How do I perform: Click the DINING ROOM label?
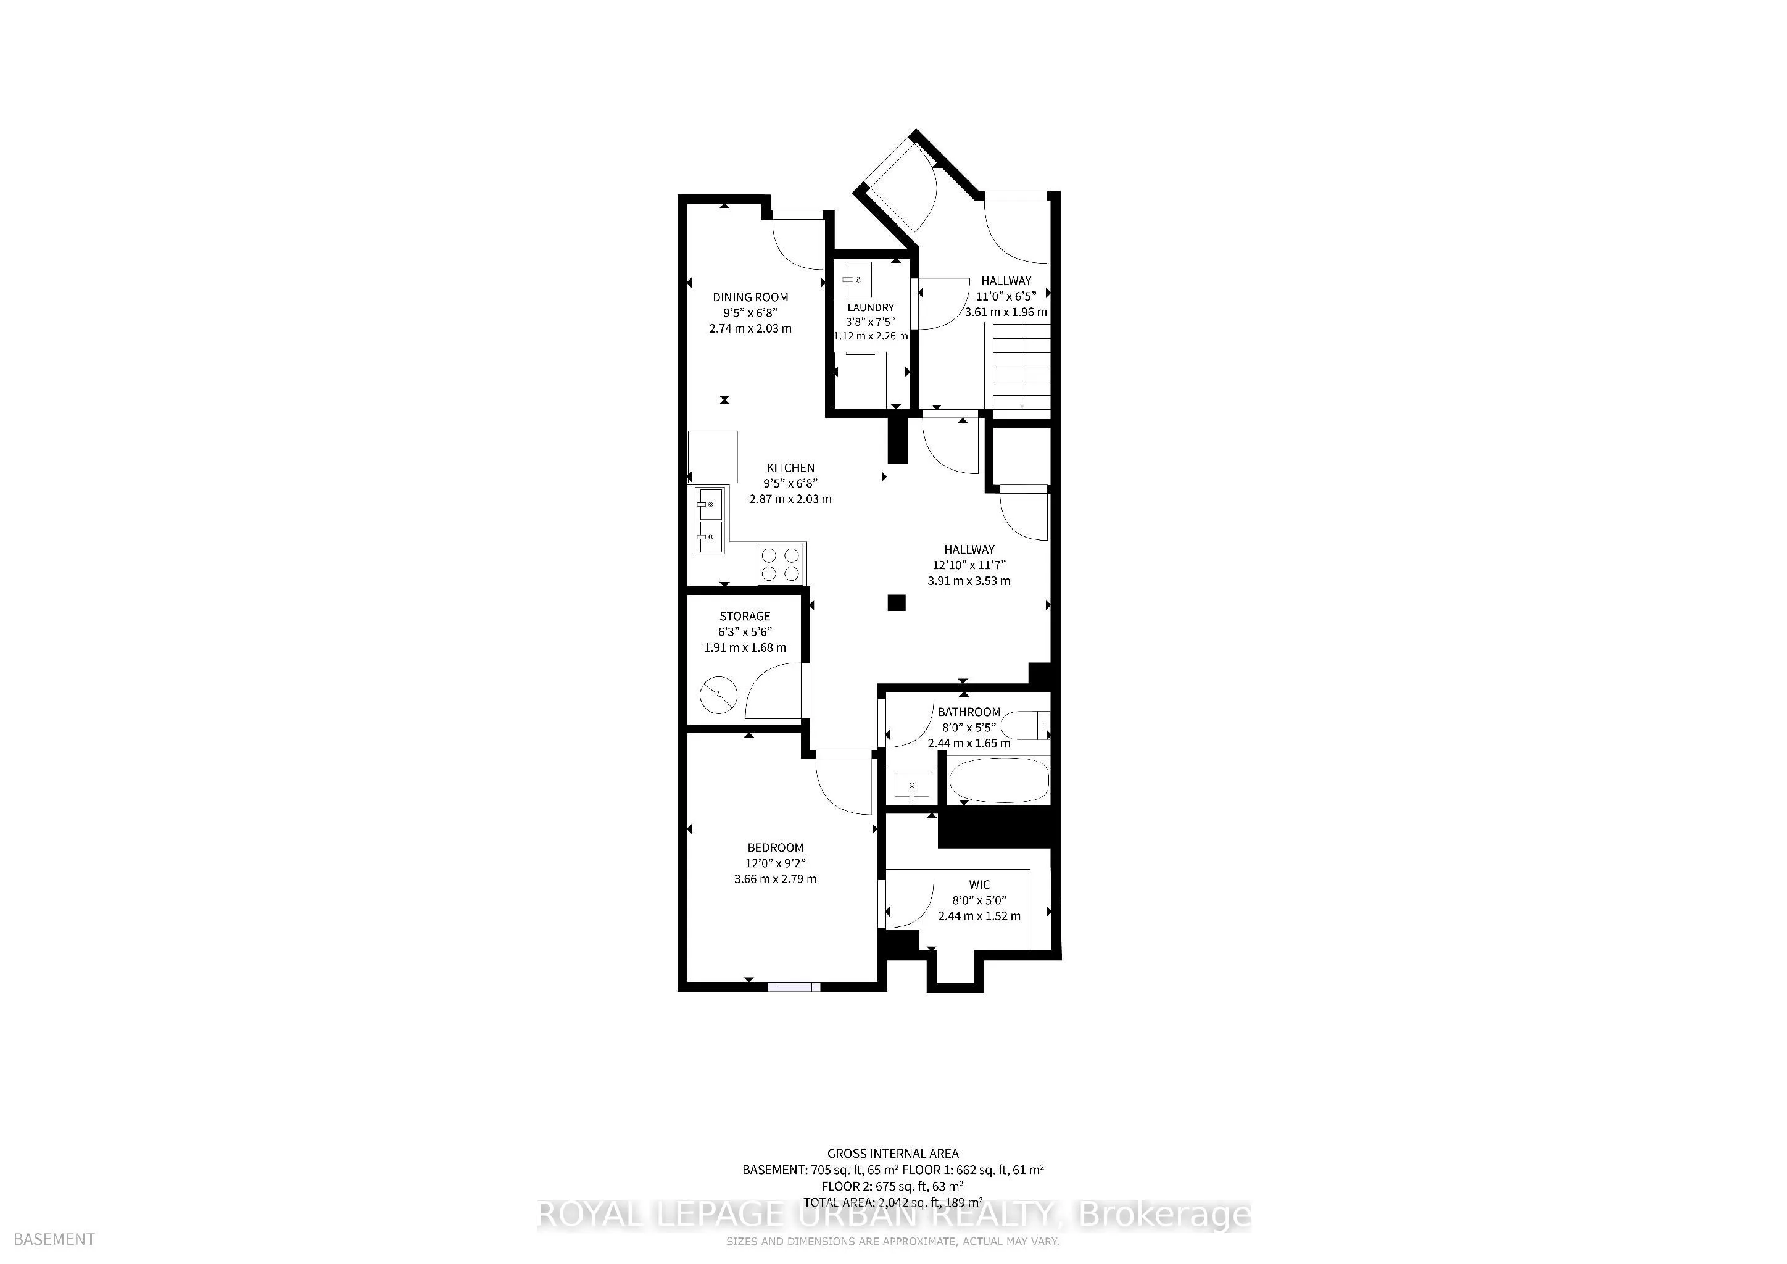coord(750,296)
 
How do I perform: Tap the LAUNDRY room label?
coord(870,307)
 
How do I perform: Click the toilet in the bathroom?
coord(1025,728)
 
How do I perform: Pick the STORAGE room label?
coord(745,616)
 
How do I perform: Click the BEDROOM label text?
coord(775,847)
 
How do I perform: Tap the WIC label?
coord(979,884)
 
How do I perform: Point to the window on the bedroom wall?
coord(794,987)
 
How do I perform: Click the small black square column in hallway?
coord(897,602)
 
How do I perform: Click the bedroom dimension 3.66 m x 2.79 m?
coord(775,879)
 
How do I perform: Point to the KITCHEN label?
coord(791,468)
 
